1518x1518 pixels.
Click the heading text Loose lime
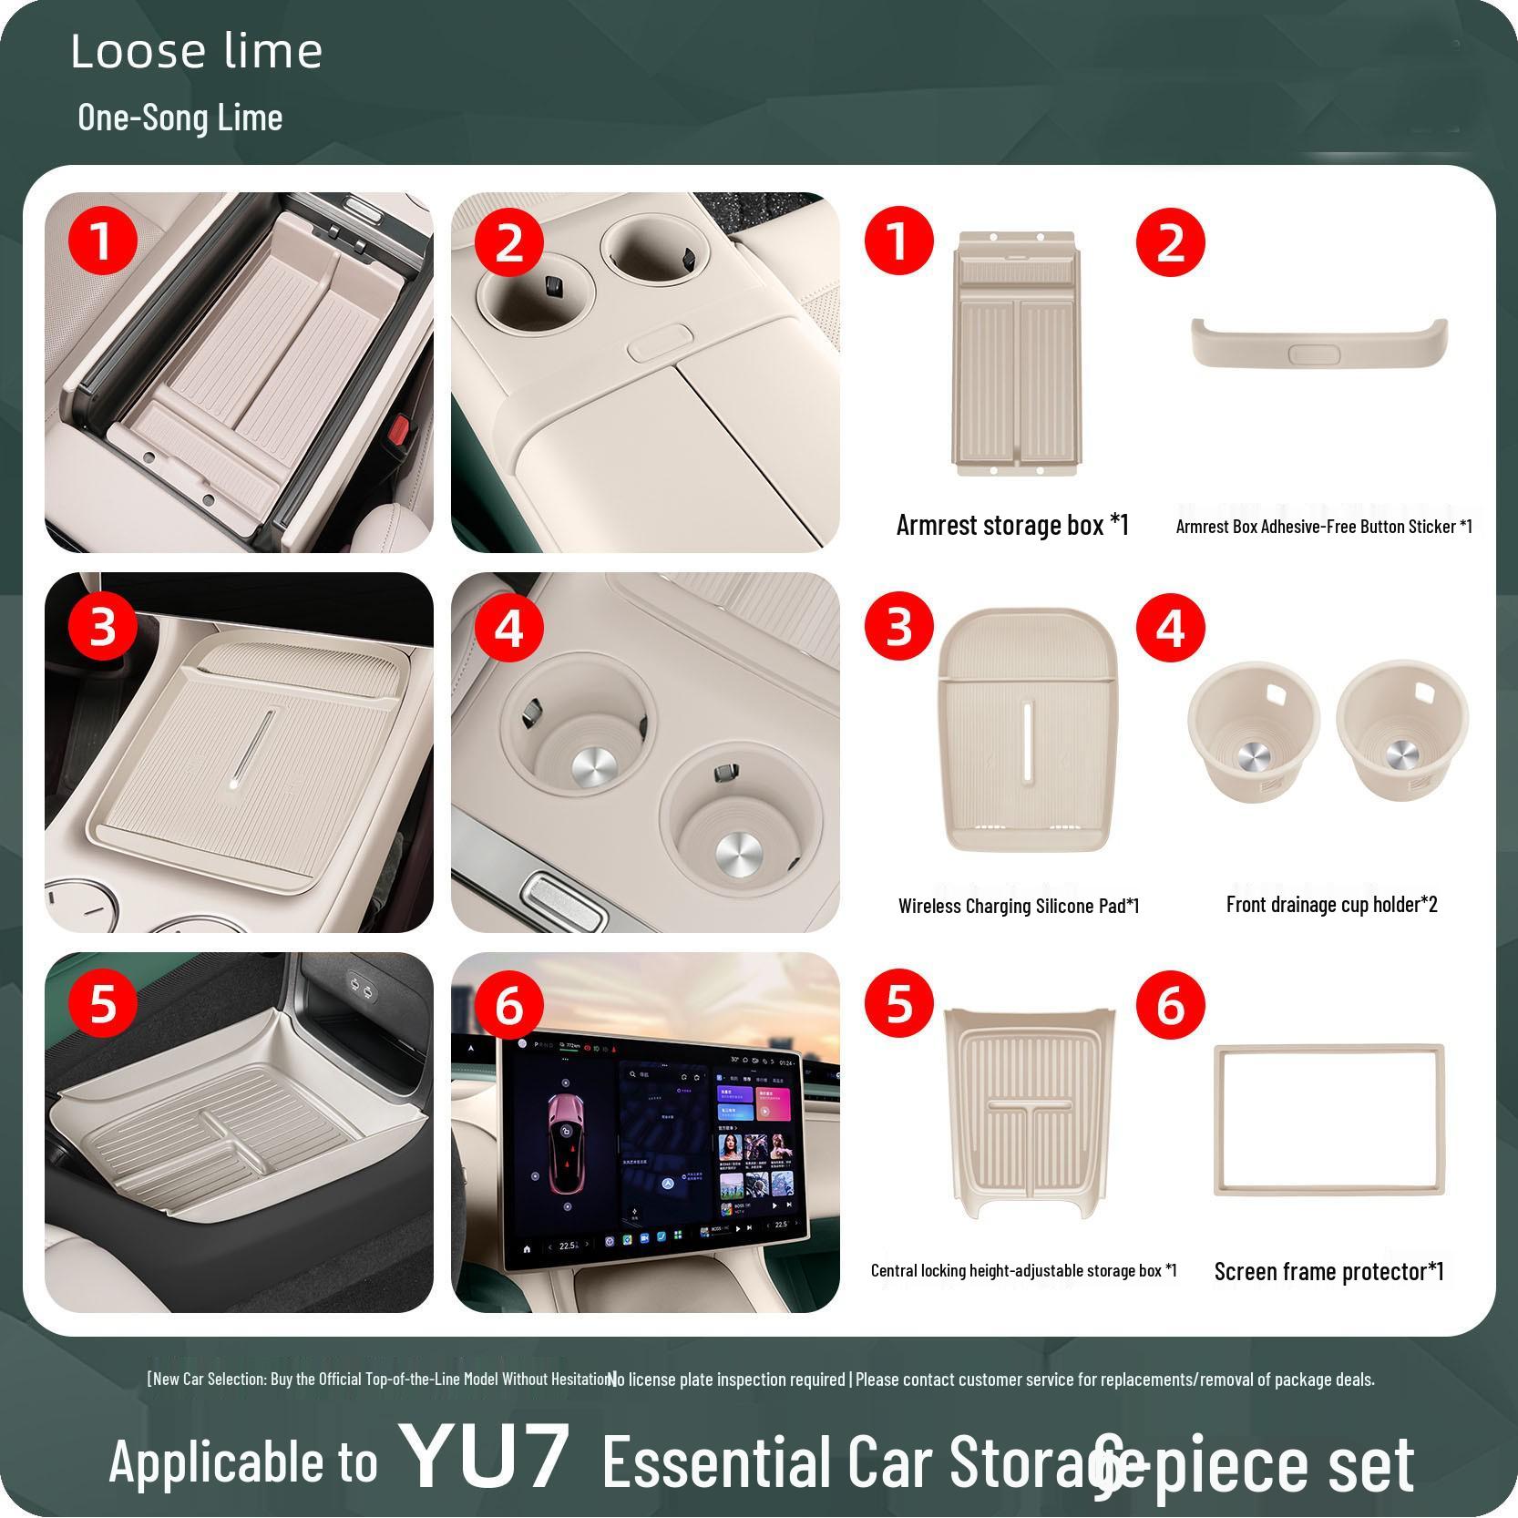tap(196, 51)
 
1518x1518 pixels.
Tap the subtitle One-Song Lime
tap(179, 118)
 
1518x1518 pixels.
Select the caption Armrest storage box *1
tap(1012, 525)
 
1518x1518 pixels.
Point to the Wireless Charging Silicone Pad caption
tap(1019, 906)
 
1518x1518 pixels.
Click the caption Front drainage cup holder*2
tap(1331, 904)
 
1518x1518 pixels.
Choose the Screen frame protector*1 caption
tap(1328, 1271)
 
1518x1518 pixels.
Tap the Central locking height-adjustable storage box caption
tap(1023, 1270)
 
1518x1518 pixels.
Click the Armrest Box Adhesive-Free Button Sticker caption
tap(1323, 526)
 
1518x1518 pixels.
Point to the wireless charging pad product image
tap(1024, 732)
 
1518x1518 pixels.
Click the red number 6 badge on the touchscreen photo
tap(509, 1006)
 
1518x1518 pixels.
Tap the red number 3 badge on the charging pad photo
tap(102, 627)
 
